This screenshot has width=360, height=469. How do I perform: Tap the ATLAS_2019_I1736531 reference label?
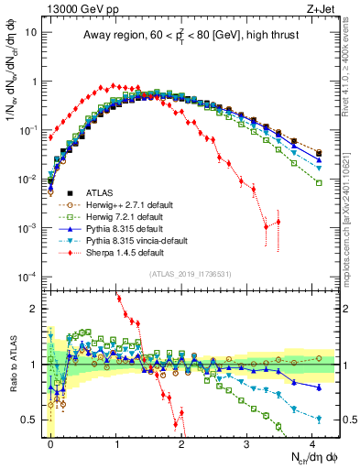[x=197, y=274]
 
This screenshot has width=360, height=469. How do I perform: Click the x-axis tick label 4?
[x=313, y=442]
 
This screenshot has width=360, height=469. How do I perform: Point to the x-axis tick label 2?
[x=182, y=442]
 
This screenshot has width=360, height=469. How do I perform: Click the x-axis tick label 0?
[x=51, y=442]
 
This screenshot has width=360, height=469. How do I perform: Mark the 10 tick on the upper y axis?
[x=31, y=31]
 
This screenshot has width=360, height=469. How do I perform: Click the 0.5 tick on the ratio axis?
[x=31, y=420]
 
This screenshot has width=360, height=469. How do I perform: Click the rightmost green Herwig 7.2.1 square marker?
[x=318, y=183]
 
